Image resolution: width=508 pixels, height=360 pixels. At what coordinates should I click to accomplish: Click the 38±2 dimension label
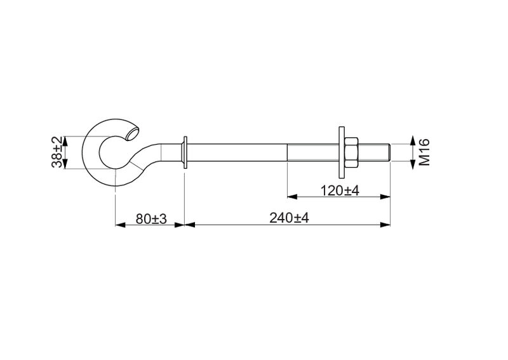pyautogui.click(x=57, y=152)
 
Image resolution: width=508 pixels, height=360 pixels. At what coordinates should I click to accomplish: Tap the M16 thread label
pyautogui.click(x=424, y=152)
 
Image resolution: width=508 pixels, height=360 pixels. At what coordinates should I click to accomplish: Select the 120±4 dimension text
pyautogui.click(x=340, y=190)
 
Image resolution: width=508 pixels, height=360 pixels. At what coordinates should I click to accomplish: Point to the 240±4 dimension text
pyautogui.click(x=289, y=218)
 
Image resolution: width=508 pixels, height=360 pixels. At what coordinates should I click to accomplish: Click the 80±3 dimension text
pyautogui.click(x=151, y=218)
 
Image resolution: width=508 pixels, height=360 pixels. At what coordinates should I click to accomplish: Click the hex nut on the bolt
pyautogui.click(x=351, y=152)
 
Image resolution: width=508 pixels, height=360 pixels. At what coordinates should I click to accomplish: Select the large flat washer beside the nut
pyautogui.click(x=342, y=152)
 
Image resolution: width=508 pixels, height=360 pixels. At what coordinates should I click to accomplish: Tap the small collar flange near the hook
pyautogui.click(x=185, y=152)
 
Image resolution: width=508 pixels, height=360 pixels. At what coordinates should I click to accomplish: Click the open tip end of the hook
pyautogui.click(x=133, y=134)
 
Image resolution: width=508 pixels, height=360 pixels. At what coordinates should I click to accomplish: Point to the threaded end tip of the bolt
pyautogui.click(x=389, y=152)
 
